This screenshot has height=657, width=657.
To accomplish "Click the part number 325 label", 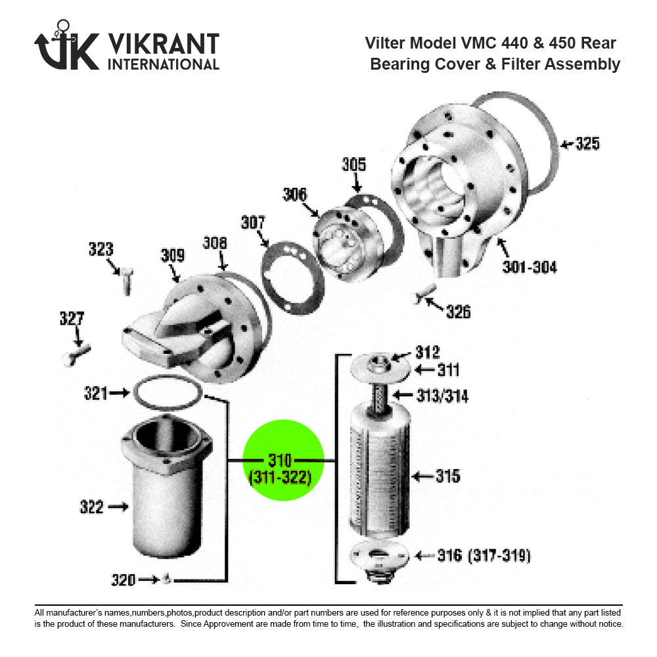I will pyautogui.click(x=587, y=143).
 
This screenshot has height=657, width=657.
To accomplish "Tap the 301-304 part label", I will pyautogui.click(x=530, y=267).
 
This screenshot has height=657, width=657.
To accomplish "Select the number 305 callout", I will pyautogui.click(x=353, y=165).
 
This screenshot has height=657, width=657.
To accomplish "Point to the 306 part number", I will pyautogui.click(x=295, y=194).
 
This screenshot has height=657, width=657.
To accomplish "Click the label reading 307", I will pyautogui.click(x=253, y=222).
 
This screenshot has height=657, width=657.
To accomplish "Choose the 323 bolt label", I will pyautogui.click(x=101, y=249).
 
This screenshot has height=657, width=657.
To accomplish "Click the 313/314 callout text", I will pyautogui.click(x=442, y=396).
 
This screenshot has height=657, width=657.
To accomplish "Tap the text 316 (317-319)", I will pyautogui.click(x=484, y=556).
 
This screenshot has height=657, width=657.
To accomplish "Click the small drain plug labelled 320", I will pyautogui.click(x=168, y=578).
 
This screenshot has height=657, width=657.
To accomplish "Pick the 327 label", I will pyautogui.click(x=72, y=319).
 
